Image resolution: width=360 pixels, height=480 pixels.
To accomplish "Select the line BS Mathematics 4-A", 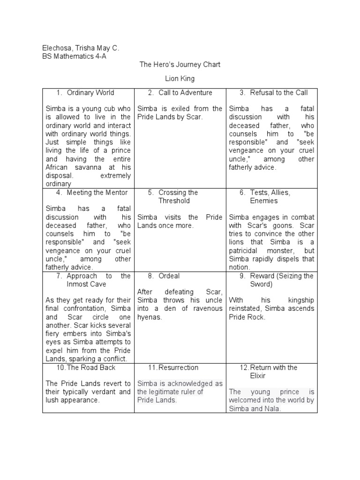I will pos(71,56).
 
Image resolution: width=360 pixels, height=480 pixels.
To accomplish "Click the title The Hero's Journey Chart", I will pos(180,64).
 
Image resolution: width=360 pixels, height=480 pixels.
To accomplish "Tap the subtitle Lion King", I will pos(180,78).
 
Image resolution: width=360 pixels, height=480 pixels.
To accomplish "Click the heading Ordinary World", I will pos(90,93).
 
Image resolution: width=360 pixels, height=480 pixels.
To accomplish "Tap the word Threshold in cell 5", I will pos(174,201).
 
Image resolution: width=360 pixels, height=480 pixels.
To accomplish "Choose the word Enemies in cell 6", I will pos(264,201).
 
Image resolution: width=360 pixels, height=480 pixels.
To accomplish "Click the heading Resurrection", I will pos(179,367).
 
